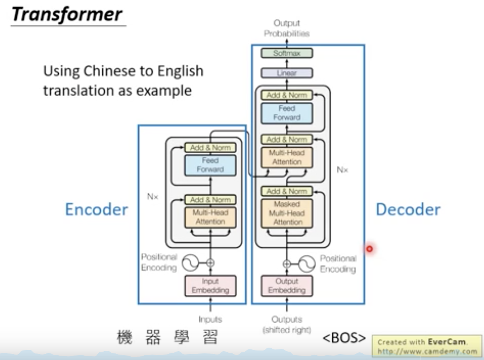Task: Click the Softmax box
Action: pyautogui.click(x=287, y=53)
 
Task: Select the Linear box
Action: pyautogui.click(x=287, y=73)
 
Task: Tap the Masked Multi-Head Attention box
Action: pyautogui.click(x=287, y=213)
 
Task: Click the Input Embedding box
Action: pyautogui.click(x=210, y=286)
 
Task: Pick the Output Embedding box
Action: pyautogui.click(x=287, y=286)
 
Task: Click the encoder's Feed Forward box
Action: pyautogui.click(x=210, y=165)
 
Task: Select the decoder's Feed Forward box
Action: pyautogui.click(x=287, y=113)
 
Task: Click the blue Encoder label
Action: pyautogui.click(x=97, y=210)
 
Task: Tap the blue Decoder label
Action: pyautogui.click(x=408, y=210)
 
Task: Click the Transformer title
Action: pyautogui.click(x=67, y=15)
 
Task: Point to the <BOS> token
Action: pyautogui.click(x=344, y=338)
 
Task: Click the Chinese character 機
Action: pyautogui.click(x=125, y=337)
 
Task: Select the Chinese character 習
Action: pyautogui.click(x=210, y=337)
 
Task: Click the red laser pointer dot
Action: pyautogui.click(x=370, y=249)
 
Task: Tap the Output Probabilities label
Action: pyautogui.click(x=287, y=28)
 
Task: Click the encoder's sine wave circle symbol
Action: pyautogui.click(x=190, y=263)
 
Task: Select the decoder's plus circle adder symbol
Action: pyautogui.click(x=287, y=264)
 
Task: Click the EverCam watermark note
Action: pyautogui.click(x=427, y=346)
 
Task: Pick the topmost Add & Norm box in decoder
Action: pyautogui.click(x=287, y=95)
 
